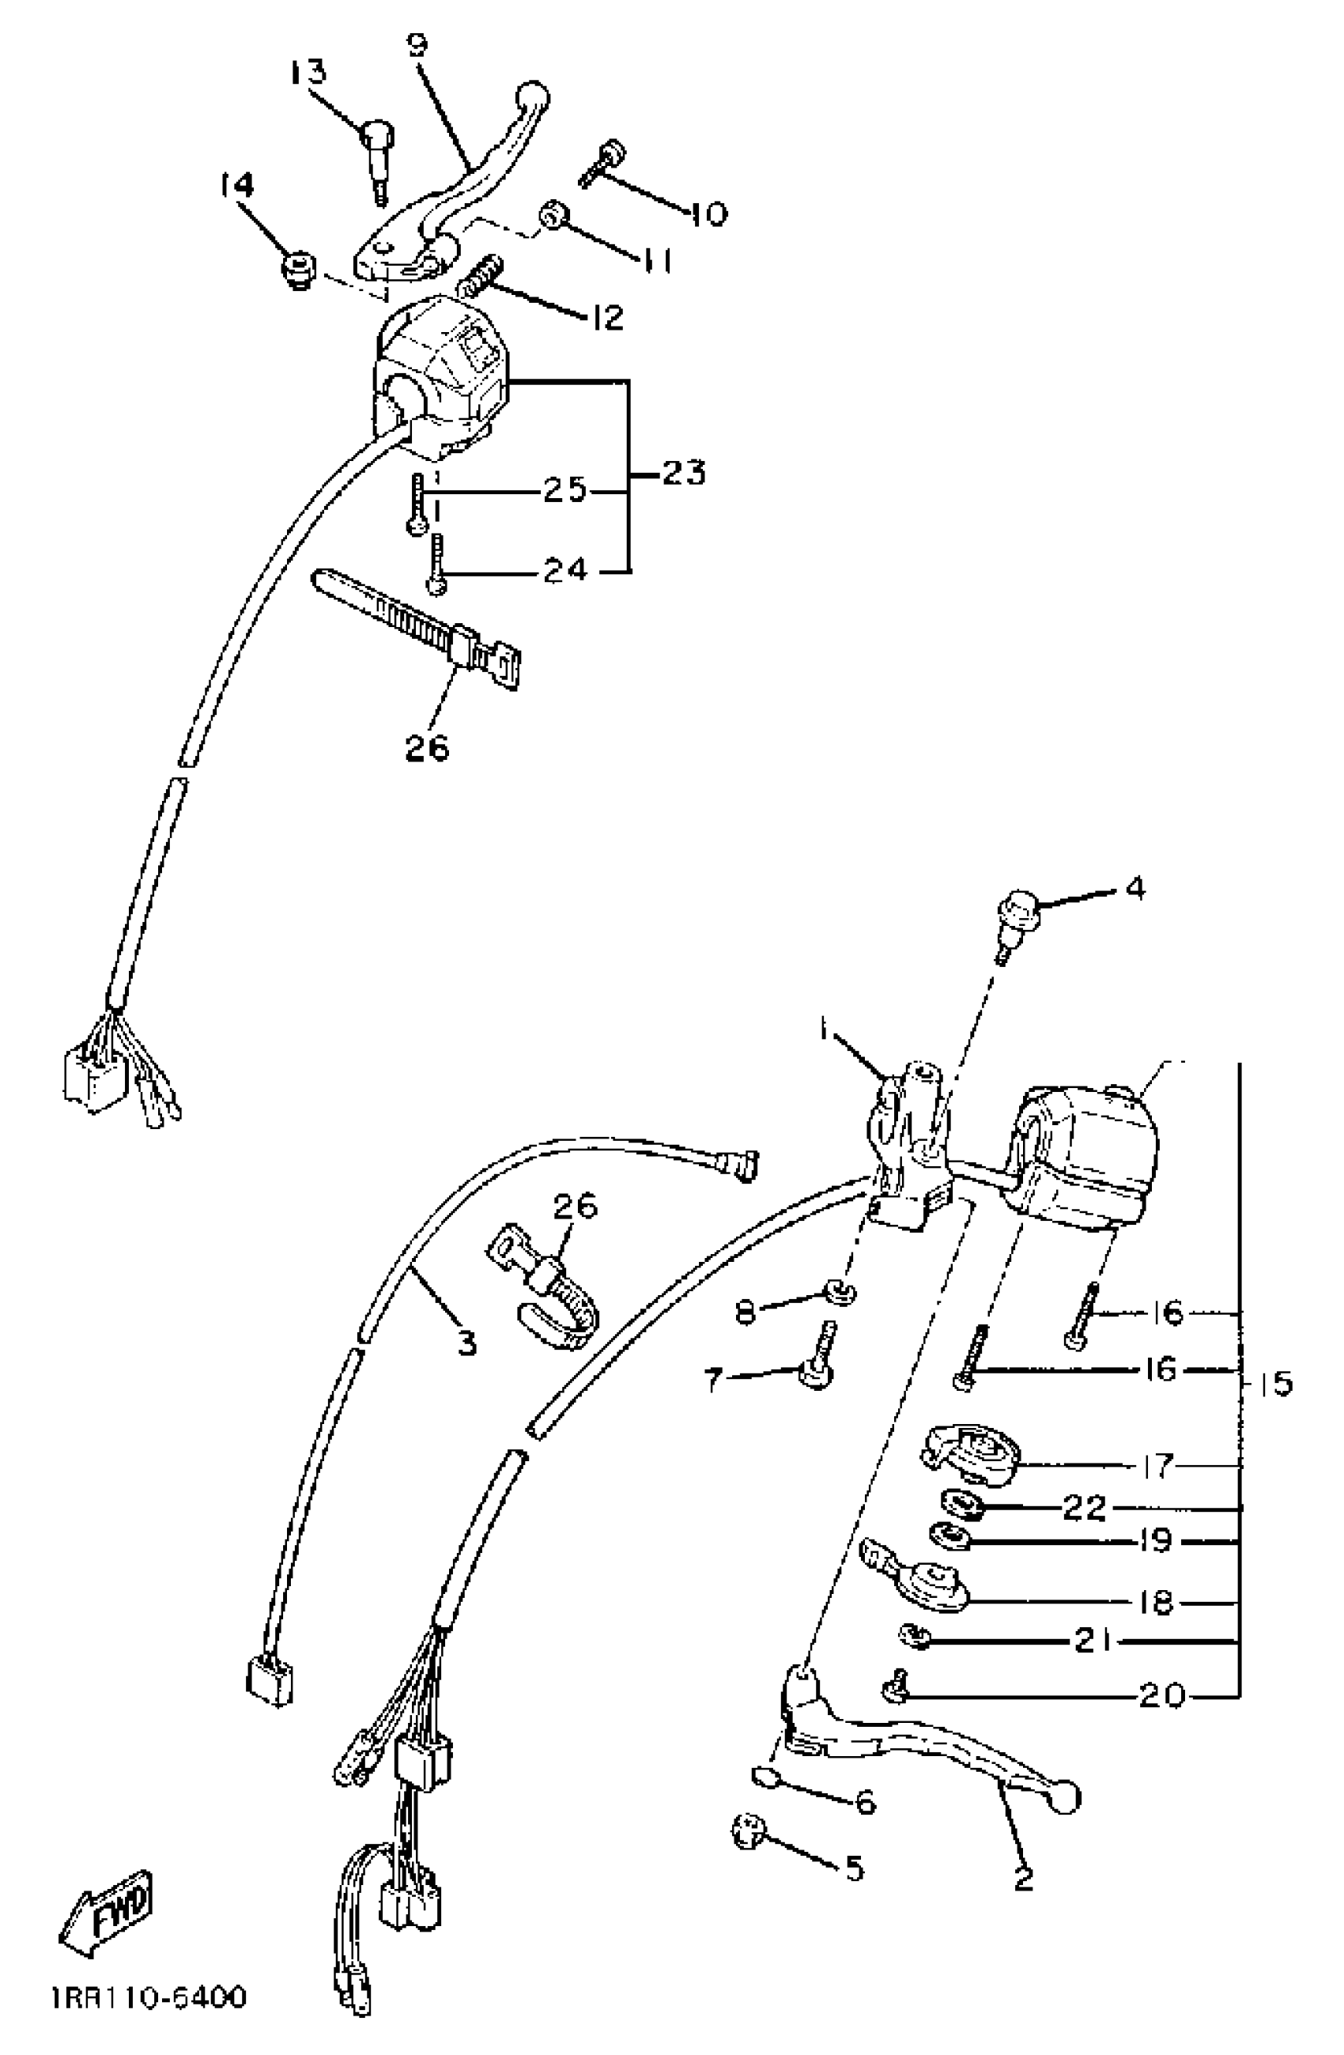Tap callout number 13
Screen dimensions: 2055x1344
click(x=308, y=71)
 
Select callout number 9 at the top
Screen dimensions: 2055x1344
click(x=417, y=43)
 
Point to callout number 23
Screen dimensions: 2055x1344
click(x=684, y=472)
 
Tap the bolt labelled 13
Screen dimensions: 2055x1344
click(x=376, y=156)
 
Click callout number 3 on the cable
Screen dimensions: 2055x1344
click(x=466, y=1343)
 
